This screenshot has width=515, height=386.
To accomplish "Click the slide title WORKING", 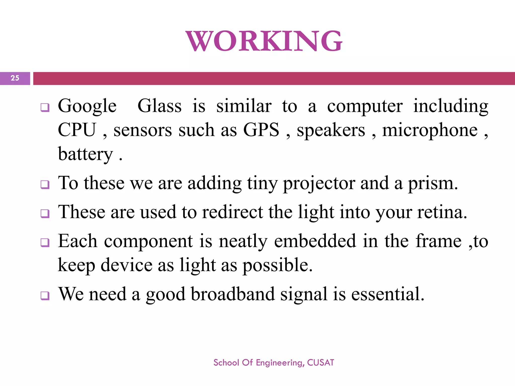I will [264, 41].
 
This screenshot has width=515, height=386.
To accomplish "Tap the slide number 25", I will [15, 78].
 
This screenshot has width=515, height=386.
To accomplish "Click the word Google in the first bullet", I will [87, 106].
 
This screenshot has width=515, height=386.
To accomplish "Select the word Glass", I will [159, 106].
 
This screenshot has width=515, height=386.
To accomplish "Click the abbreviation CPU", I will [77, 130].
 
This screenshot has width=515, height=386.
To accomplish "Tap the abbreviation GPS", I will [261, 130].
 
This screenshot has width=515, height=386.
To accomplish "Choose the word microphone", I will [430, 130].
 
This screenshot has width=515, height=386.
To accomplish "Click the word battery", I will [85, 154].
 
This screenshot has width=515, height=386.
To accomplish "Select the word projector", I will [319, 183].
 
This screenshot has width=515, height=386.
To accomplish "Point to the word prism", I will [433, 183].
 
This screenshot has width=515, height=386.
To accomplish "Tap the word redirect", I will [233, 212].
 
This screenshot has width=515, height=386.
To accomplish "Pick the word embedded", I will [315, 241].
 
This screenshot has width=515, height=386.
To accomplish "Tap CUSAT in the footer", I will [321, 363].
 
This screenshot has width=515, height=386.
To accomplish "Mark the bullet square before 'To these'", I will [45, 185].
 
